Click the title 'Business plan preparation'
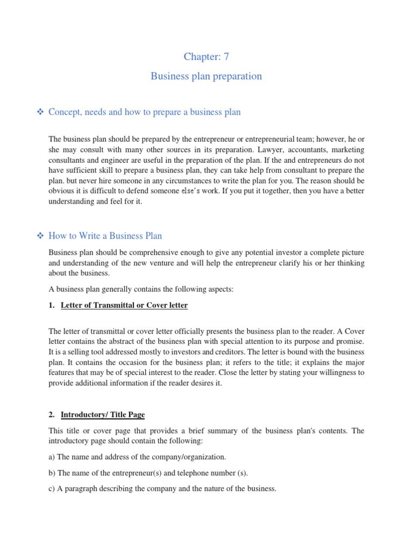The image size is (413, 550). [x=206, y=76]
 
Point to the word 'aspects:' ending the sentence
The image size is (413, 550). [x=219, y=289]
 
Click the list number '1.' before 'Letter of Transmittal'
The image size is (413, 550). [x=52, y=306]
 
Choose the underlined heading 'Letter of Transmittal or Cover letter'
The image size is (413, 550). [x=124, y=306]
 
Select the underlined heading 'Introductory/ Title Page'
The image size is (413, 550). [x=103, y=415]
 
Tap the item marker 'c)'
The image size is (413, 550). [x=52, y=489]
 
